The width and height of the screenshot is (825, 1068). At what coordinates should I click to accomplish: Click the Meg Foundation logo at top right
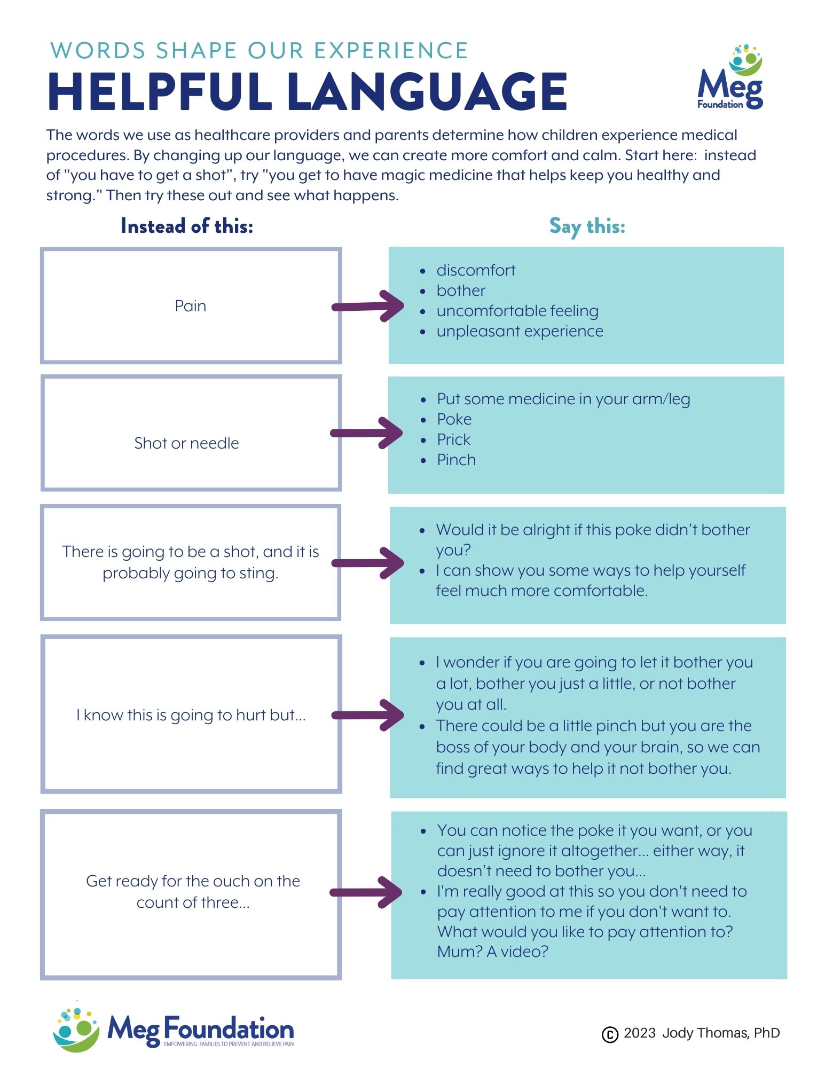click(x=730, y=77)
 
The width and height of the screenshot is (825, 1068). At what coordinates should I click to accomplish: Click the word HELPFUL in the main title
click(x=160, y=91)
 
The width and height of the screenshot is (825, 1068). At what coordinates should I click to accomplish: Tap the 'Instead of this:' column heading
click(x=187, y=226)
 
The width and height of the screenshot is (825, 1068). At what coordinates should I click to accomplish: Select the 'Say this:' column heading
click(x=587, y=226)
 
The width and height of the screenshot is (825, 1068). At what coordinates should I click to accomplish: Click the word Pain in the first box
click(x=191, y=306)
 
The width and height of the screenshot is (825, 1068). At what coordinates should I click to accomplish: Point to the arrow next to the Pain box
click(x=368, y=306)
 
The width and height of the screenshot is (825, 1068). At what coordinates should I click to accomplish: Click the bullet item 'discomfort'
click(x=476, y=270)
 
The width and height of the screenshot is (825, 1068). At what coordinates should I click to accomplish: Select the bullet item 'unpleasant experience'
click(x=520, y=331)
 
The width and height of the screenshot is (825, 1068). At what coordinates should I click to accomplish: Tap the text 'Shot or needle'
click(x=186, y=443)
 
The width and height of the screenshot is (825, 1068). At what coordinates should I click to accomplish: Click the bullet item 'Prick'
click(x=454, y=439)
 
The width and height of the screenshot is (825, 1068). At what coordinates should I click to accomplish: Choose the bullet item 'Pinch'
click(x=457, y=460)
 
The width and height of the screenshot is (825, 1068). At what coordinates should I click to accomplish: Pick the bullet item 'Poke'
click(x=454, y=419)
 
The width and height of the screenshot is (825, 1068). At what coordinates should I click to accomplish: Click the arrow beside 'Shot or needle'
click(x=367, y=433)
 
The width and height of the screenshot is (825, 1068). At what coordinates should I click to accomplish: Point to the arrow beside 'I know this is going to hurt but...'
click(x=368, y=715)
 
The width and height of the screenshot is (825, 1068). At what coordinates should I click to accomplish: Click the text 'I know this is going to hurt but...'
click(x=191, y=715)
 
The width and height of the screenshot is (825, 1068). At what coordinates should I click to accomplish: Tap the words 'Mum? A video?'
click(x=493, y=952)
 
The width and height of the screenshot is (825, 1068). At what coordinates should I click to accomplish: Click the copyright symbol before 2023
click(x=610, y=1034)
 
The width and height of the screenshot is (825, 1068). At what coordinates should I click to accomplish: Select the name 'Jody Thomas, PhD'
click(x=721, y=1033)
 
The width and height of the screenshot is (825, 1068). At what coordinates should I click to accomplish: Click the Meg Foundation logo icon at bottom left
click(x=76, y=1030)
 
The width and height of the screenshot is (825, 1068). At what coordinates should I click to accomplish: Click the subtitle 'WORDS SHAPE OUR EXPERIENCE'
click(x=259, y=51)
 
